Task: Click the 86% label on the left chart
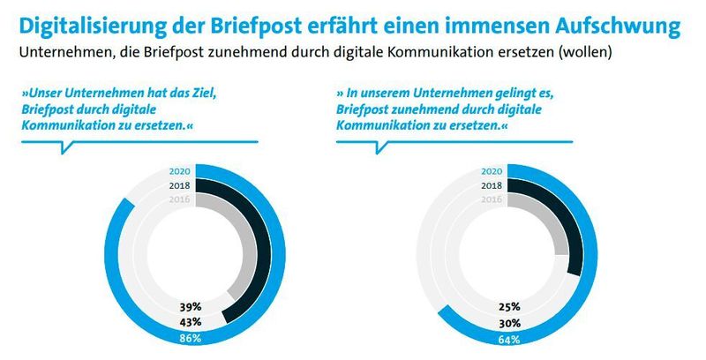(191, 338)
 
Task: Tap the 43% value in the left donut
(191, 321)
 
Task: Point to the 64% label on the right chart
(507, 338)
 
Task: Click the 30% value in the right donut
(507, 321)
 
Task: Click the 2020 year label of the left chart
(179, 172)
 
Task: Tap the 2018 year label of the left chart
(179, 186)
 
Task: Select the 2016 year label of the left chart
(179, 200)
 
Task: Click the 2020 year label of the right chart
(492, 172)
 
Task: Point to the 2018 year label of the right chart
(492, 186)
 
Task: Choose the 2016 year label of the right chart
(492, 200)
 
